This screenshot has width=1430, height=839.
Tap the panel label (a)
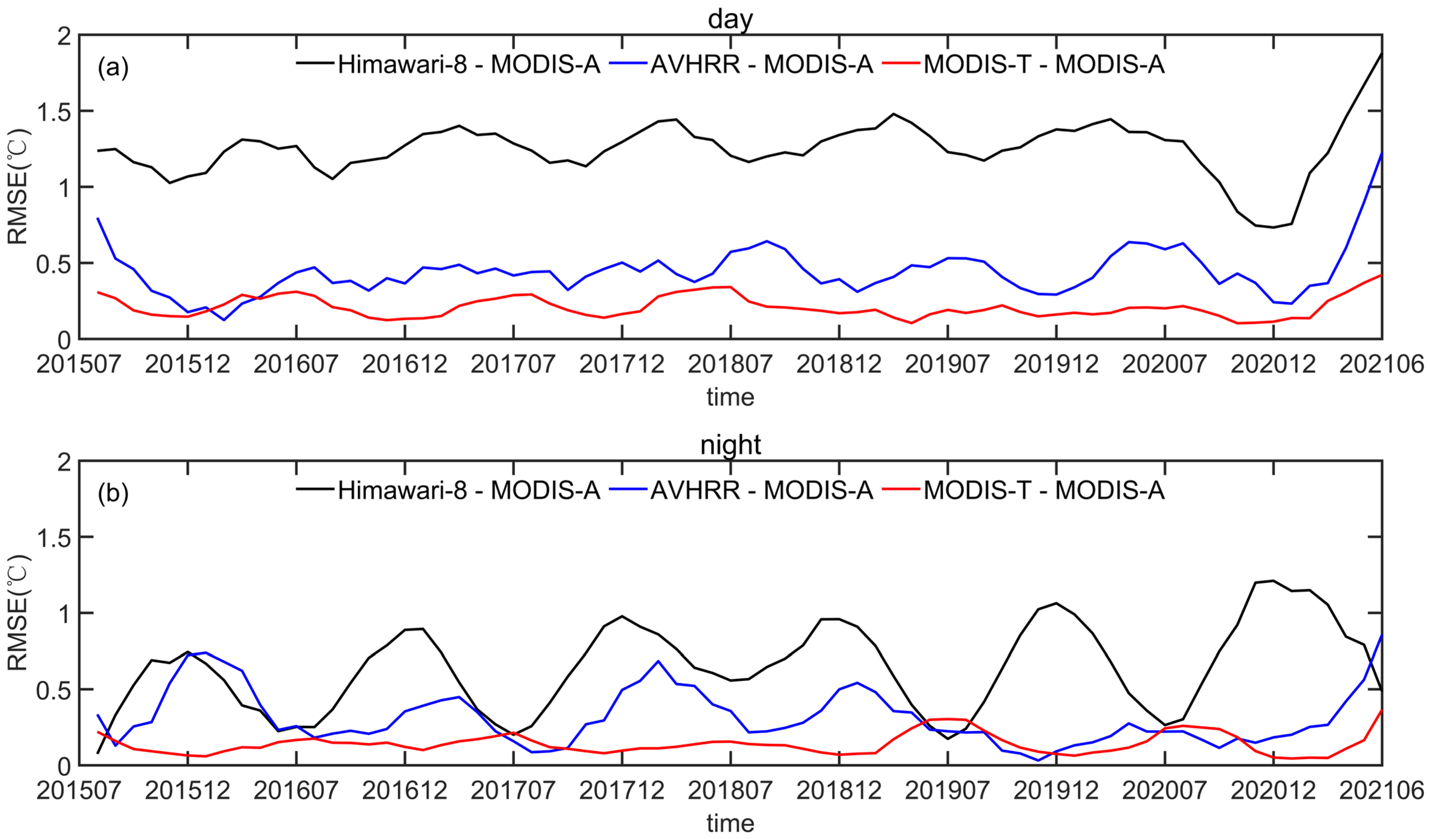coord(113,68)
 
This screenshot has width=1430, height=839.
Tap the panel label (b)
coord(113,493)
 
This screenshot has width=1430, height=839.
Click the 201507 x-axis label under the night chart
coord(79,790)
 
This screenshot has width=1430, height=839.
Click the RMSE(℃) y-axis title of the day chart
coord(18,187)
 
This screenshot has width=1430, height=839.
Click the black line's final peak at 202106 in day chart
coord(1381,53)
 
